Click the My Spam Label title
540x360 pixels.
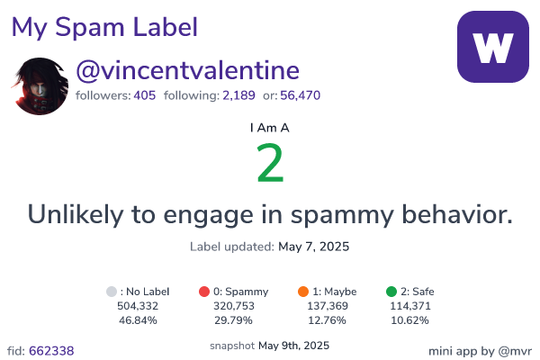(104, 28)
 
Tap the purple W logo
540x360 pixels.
(493, 47)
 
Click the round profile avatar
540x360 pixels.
(40, 86)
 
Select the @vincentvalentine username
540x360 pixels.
(188, 70)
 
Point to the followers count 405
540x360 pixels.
(145, 95)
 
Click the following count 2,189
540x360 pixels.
(238, 95)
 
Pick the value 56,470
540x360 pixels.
(301, 95)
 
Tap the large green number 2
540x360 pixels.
(270, 163)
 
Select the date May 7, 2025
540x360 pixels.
(314, 247)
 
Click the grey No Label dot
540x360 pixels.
(112, 292)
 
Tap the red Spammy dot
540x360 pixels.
(204, 292)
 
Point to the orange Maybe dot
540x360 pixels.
(303, 292)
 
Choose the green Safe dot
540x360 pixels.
(391, 292)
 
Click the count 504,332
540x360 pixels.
(138, 306)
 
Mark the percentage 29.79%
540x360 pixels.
(233, 320)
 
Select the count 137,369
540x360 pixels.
(328, 306)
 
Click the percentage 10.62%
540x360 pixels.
(409, 320)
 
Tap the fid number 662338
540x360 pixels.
(51, 351)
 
